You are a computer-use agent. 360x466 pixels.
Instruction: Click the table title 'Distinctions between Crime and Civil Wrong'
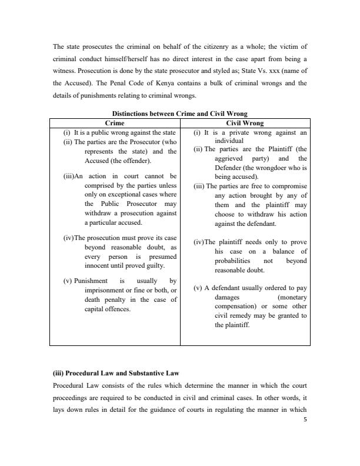pos(179,114)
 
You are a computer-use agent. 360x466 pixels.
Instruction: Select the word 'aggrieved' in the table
pos(231,159)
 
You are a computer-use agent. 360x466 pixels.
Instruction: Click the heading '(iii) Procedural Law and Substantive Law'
pos(117,372)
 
